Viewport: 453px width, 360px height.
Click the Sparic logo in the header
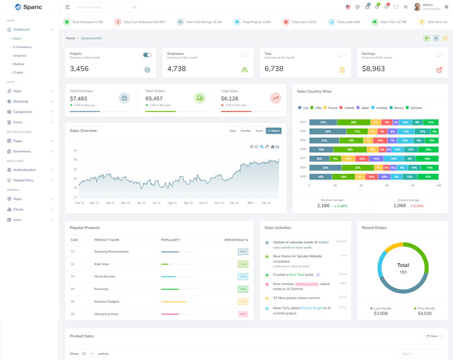(27, 7)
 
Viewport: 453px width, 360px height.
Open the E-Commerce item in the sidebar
(22, 47)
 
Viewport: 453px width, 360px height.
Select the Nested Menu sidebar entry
(23, 180)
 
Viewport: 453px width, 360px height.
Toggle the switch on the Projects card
(147, 55)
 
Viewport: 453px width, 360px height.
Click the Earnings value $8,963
(373, 68)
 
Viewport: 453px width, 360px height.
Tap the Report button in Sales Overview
(273, 131)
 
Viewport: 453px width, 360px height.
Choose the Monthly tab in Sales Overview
(246, 131)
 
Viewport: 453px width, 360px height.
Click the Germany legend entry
(416, 108)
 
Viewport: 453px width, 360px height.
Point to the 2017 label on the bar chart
(303, 158)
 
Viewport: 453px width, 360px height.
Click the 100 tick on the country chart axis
(438, 185)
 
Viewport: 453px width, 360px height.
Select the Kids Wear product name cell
(102, 264)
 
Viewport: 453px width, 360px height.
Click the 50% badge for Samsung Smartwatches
(243, 251)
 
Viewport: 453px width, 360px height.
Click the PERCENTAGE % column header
(236, 240)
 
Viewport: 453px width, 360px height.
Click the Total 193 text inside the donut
(403, 268)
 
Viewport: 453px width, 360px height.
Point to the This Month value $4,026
(424, 313)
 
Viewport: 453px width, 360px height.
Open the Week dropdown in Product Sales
(433, 336)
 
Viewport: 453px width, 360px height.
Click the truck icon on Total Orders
(200, 98)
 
